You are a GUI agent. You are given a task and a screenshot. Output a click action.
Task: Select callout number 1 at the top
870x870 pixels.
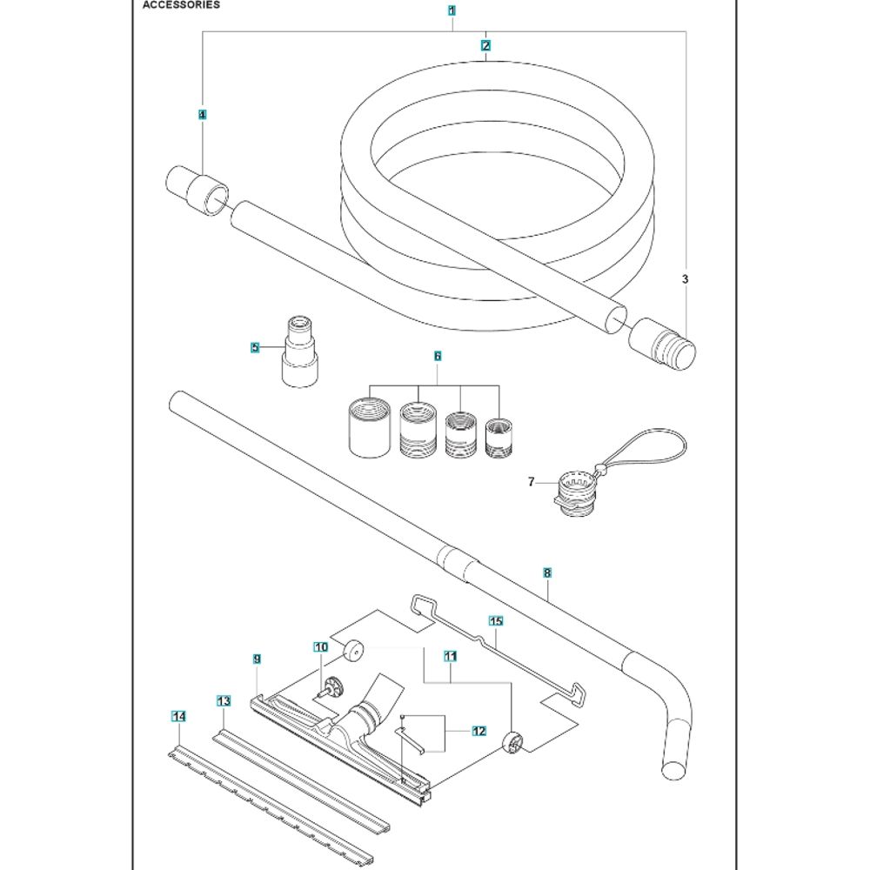pos(452,11)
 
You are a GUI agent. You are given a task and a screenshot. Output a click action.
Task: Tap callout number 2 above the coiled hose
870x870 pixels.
pos(485,44)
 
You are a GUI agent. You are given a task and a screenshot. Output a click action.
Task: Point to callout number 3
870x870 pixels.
pos(686,279)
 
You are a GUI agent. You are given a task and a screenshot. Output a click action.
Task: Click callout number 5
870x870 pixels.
pos(255,348)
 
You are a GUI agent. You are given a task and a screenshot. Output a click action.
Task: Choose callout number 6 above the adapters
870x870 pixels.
pos(438,357)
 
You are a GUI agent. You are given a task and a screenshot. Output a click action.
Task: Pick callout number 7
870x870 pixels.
pos(531,481)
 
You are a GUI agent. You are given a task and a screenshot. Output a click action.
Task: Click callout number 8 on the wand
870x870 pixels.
pos(546,573)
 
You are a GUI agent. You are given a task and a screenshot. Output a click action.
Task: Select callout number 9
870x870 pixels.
pos(258,659)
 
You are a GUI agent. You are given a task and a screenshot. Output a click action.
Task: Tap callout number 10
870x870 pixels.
pos(321,647)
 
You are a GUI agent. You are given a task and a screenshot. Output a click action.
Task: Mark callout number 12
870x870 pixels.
pos(478,732)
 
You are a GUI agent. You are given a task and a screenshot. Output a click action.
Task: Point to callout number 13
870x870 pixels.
pos(224,701)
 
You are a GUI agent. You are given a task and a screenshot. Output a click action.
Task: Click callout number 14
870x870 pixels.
pos(179,717)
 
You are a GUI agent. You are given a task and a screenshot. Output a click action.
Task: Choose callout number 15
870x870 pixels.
pos(496,621)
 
